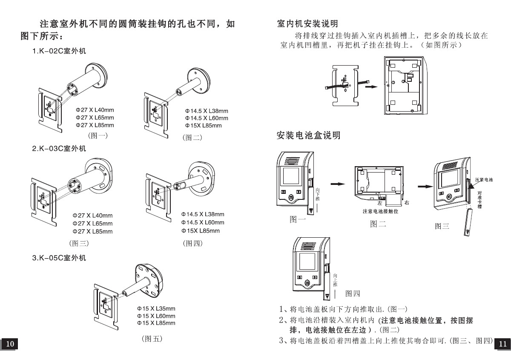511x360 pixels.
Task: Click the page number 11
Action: pyautogui.click(x=502, y=344)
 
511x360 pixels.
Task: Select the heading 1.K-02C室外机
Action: pyautogui.click(x=59, y=51)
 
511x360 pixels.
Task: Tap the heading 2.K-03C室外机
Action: pyautogui.click(x=59, y=149)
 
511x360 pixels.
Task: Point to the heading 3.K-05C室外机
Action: pyautogui.click(x=59, y=258)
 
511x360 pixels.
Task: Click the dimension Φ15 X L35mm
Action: pyautogui.click(x=156, y=308)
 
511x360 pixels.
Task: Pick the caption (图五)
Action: pyautogui.click(x=152, y=339)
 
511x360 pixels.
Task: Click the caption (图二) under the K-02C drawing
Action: pyautogui.click(x=192, y=138)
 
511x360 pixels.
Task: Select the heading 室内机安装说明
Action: pyautogui.click(x=307, y=23)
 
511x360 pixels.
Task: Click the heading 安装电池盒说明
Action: pyautogui.click(x=308, y=136)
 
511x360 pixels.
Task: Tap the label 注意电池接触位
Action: pyautogui.click(x=380, y=212)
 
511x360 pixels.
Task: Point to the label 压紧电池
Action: pyautogui.click(x=484, y=180)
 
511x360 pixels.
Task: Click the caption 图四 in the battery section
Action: pyautogui.click(x=353, y=293)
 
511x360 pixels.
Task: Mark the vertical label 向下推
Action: pyautogui.click(x=318, y=194)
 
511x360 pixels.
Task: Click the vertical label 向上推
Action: pyautogui.click(x=335, y=279)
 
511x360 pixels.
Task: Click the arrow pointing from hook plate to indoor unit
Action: pyautogui.click(x=371, y=86)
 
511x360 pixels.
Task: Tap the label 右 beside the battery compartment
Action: pyautogui.click(x=407, y=202)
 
